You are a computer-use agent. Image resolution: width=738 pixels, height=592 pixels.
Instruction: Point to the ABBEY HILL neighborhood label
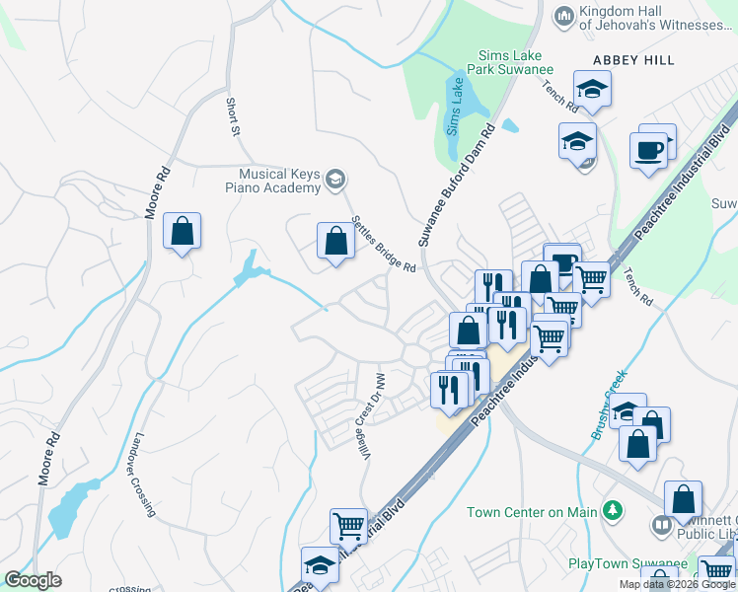633,60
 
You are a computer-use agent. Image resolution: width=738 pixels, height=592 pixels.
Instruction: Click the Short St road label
233,115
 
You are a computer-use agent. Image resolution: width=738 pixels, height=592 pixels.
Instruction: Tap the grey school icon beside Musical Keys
335,178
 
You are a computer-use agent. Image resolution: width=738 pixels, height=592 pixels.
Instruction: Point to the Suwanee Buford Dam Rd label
455,185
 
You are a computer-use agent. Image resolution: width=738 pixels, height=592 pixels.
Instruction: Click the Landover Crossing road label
144,475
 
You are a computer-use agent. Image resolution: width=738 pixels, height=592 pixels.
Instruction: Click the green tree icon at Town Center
613,510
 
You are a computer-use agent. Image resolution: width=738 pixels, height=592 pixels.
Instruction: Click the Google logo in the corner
33,580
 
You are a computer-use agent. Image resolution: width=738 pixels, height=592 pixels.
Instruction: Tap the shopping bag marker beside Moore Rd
182,232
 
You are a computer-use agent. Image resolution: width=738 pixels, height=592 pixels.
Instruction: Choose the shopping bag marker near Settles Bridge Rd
335,241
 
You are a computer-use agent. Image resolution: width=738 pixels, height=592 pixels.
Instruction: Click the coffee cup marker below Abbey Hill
649,151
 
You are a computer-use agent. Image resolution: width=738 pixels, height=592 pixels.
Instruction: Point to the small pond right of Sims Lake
510,125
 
